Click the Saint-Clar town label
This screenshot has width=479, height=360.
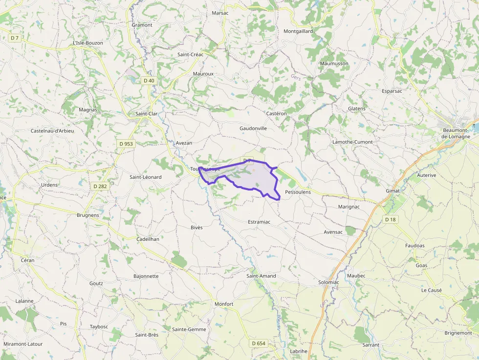pos(146,114)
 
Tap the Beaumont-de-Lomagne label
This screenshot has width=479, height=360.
pos(457,133)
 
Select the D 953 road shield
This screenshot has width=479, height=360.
pos(126,144)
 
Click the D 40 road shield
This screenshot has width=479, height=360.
pos(149,80)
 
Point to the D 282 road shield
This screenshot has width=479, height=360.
pos(100,186)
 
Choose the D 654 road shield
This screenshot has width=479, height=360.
pos(259,343)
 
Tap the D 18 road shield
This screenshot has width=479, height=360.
pos(390,219)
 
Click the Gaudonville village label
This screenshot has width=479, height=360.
pos(253,128)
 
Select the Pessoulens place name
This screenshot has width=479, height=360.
pos(298,192)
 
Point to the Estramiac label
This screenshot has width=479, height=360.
pos(259,222)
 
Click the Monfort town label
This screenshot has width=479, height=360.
pos(224,304)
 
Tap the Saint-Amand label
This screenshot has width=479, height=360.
pos(261,276)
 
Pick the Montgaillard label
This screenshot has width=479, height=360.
pos(298,31)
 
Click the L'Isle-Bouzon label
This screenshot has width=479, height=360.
pos(88,43)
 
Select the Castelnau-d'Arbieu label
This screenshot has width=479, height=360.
pos(52,131)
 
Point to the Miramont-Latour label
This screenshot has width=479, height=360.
pos(23,344)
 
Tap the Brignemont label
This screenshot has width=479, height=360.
pos(458,333)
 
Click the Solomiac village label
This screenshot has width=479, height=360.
pos(328,282)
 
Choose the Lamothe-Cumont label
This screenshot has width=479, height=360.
pos(352,142)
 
